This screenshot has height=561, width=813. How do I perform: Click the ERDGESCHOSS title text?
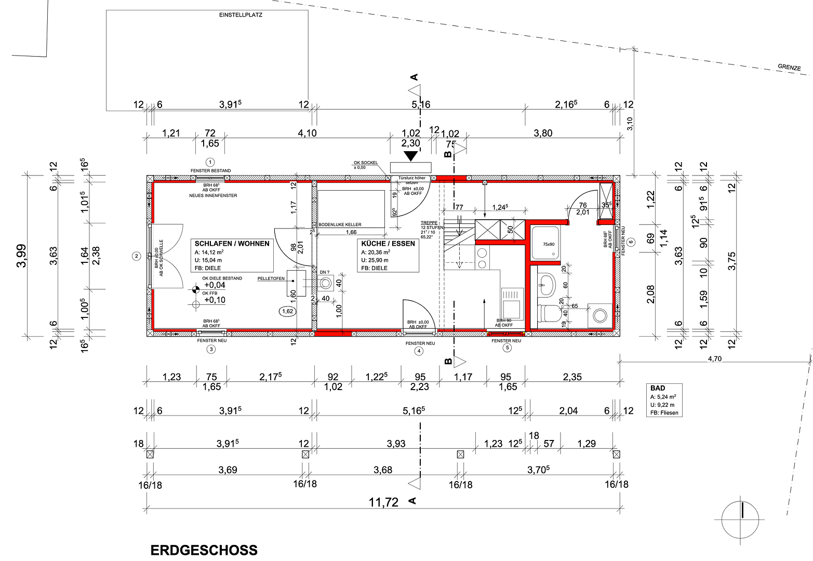coord(204,550)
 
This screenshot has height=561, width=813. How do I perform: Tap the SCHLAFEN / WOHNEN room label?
coord(232,244)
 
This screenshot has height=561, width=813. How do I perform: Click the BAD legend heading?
coord(658,388)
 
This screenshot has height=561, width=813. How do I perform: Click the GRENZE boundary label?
coord(789,68)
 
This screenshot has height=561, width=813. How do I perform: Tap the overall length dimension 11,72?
coord(383,502)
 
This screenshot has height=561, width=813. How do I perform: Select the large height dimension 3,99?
coord(21,256)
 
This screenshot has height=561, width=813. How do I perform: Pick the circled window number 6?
coord(631,242)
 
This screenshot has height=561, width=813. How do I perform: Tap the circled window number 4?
coord(419,351)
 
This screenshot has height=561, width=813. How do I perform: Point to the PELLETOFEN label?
coord(271,279)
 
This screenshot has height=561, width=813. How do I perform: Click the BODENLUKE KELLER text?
coord(340,225)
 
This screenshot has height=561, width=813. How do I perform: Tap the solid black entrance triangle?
coord(410,156)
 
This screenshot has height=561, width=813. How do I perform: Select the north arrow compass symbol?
coord(740,519)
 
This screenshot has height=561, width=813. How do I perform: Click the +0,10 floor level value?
coord(215,300)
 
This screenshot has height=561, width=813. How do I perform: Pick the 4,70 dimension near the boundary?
coord(715,358)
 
